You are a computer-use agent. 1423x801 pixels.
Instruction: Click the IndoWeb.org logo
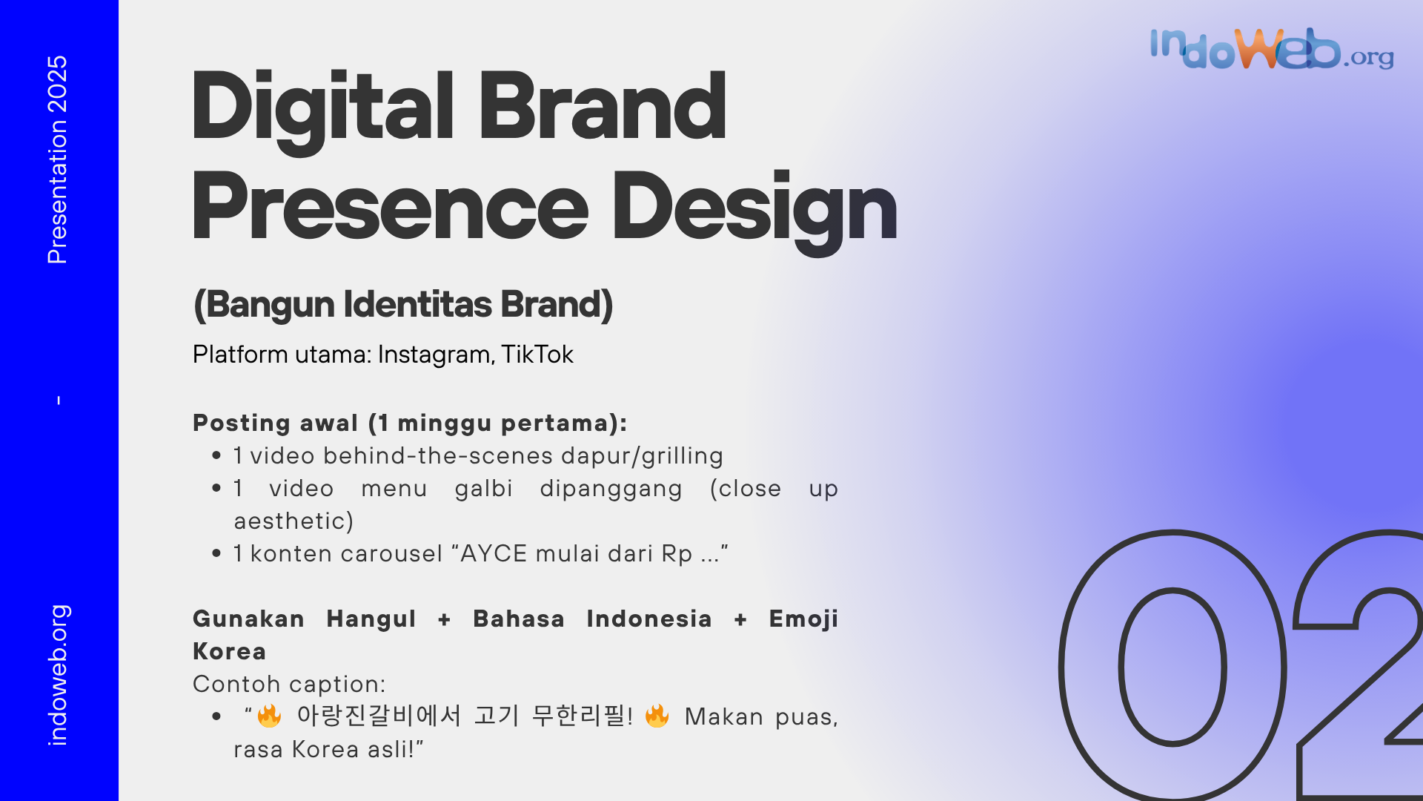[x=1272, y=49]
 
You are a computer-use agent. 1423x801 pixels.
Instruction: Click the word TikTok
[x=537, y=355]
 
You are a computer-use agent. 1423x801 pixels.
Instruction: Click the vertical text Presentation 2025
[x=57, y=159]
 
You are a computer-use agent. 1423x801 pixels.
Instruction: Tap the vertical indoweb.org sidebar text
[x=58, y=674]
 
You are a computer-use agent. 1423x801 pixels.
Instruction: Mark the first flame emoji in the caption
[x=269, y=716]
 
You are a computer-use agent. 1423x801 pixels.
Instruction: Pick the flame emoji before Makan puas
[x=657, y=716]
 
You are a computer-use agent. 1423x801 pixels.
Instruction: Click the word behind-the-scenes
[x=438, y=455]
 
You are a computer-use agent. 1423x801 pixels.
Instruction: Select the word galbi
[x=484, y=489]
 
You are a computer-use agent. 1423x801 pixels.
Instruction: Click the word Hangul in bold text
[x=371, y=619]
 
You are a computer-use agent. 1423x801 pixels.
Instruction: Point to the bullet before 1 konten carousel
[x=216, y=553]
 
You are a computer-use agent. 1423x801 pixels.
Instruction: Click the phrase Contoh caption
[x=289, y=684]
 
